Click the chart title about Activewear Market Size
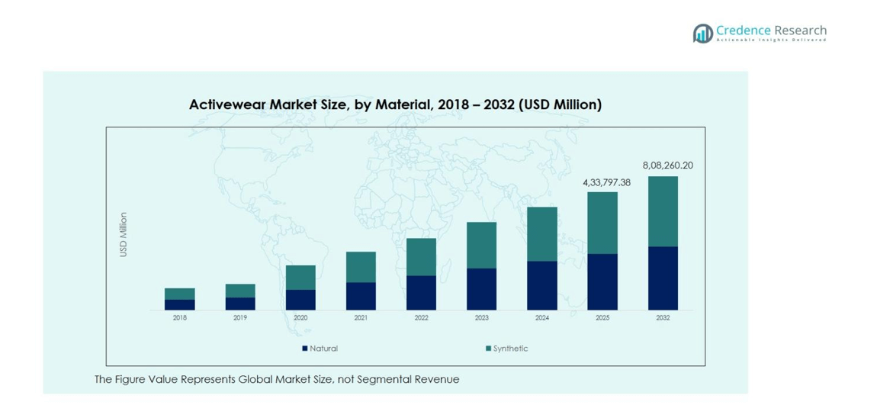point(395,104)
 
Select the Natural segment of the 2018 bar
point(179,304)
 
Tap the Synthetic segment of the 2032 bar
point(663,211)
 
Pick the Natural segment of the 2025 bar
point(602,281)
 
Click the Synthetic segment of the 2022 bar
point(421,257)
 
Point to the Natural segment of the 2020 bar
point(300,300)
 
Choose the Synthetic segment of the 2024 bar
point(542,234)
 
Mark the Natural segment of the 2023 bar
point(481,289)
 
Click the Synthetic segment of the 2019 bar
point(240,291)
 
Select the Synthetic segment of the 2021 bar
point(361,267)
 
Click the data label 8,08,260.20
point(667,166)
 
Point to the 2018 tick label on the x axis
point(179,318)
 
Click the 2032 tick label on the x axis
point(663,318)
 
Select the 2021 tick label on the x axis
point(361,318)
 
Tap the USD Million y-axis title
point(124,234)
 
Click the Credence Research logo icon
point(702,34)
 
